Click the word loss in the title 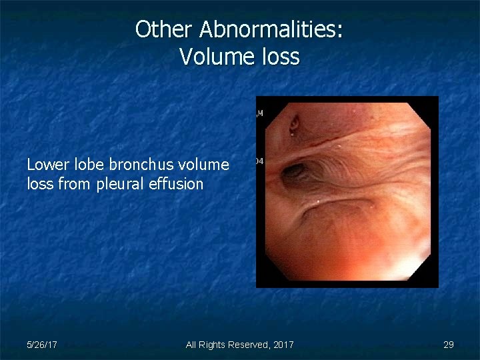click(281, 57)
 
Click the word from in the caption click(75, 183)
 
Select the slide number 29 click(449, 345)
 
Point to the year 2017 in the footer click(282, 345)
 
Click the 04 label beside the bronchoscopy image click(259, 161)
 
